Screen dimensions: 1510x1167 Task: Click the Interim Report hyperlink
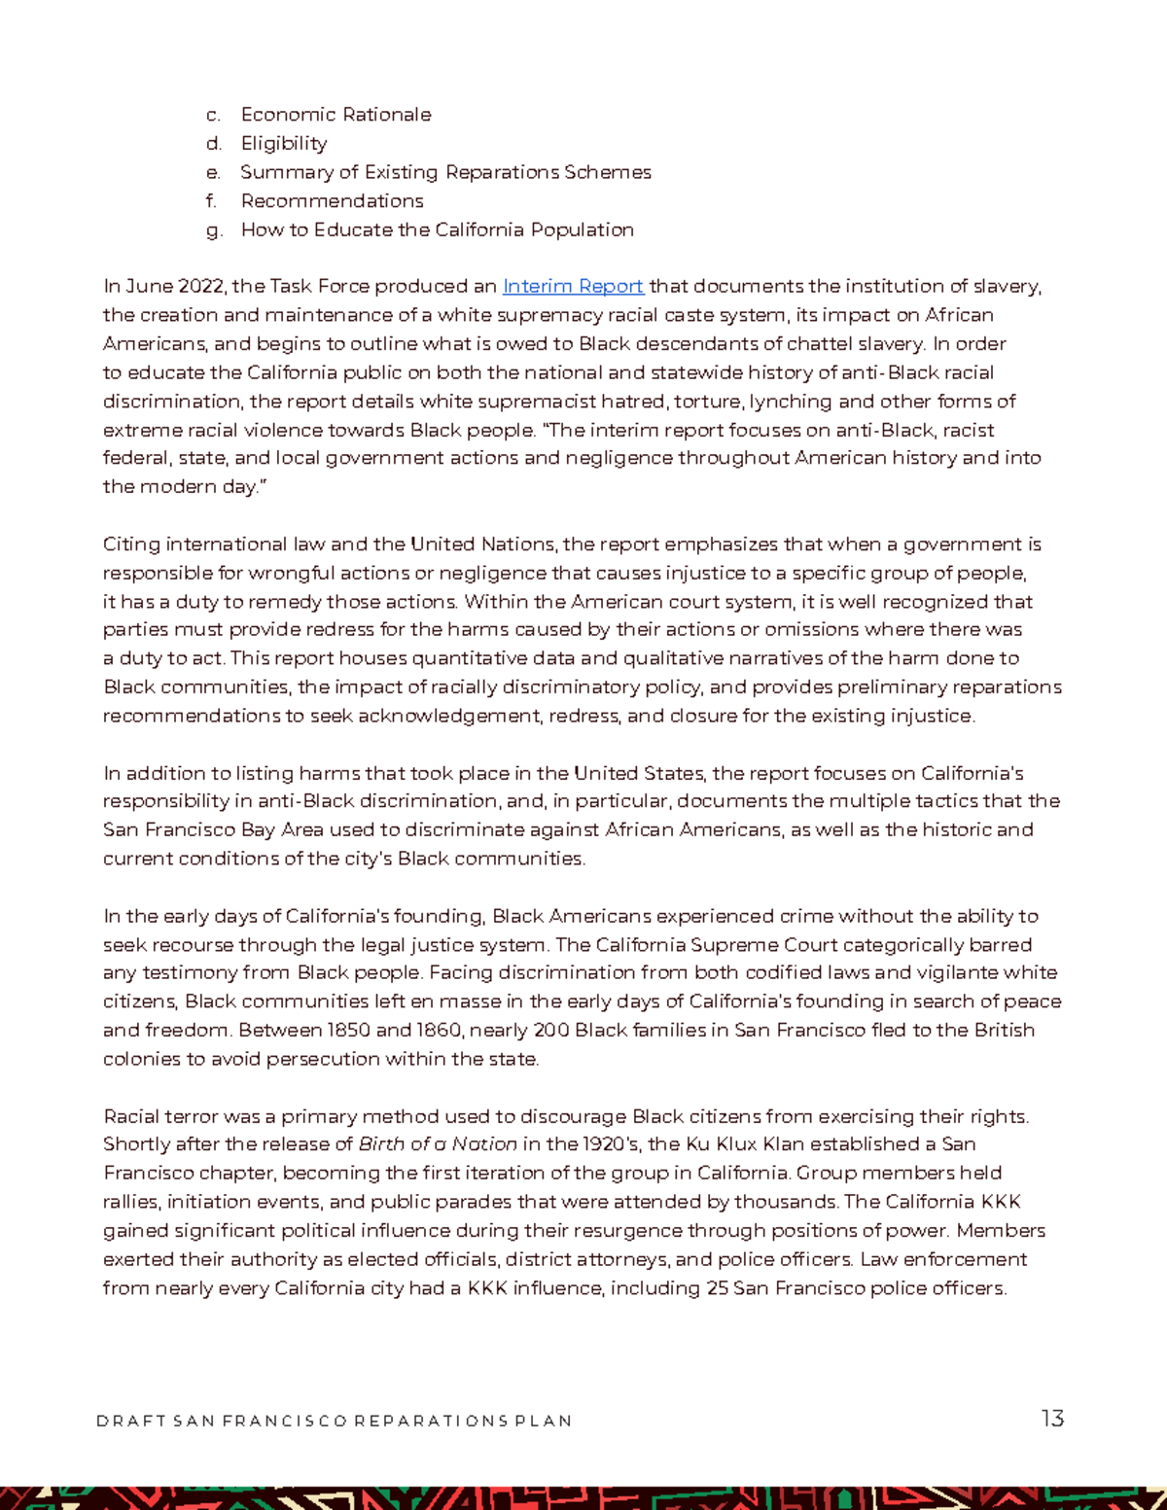point(573,286)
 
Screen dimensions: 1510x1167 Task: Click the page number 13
point(1052,1419)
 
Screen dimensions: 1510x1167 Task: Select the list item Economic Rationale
point(336,115)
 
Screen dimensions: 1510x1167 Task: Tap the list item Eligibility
point(284,144)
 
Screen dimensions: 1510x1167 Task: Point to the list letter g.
point(214,230)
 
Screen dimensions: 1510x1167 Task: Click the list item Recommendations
point(332,201)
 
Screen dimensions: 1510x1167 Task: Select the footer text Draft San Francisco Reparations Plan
point(334,1421)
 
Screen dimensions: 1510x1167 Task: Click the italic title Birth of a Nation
point(438,1144)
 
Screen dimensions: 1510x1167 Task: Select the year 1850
point(349,1030)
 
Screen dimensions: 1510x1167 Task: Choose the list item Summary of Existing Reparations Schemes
point(445,172)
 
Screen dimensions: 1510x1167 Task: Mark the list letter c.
point(213,115)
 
